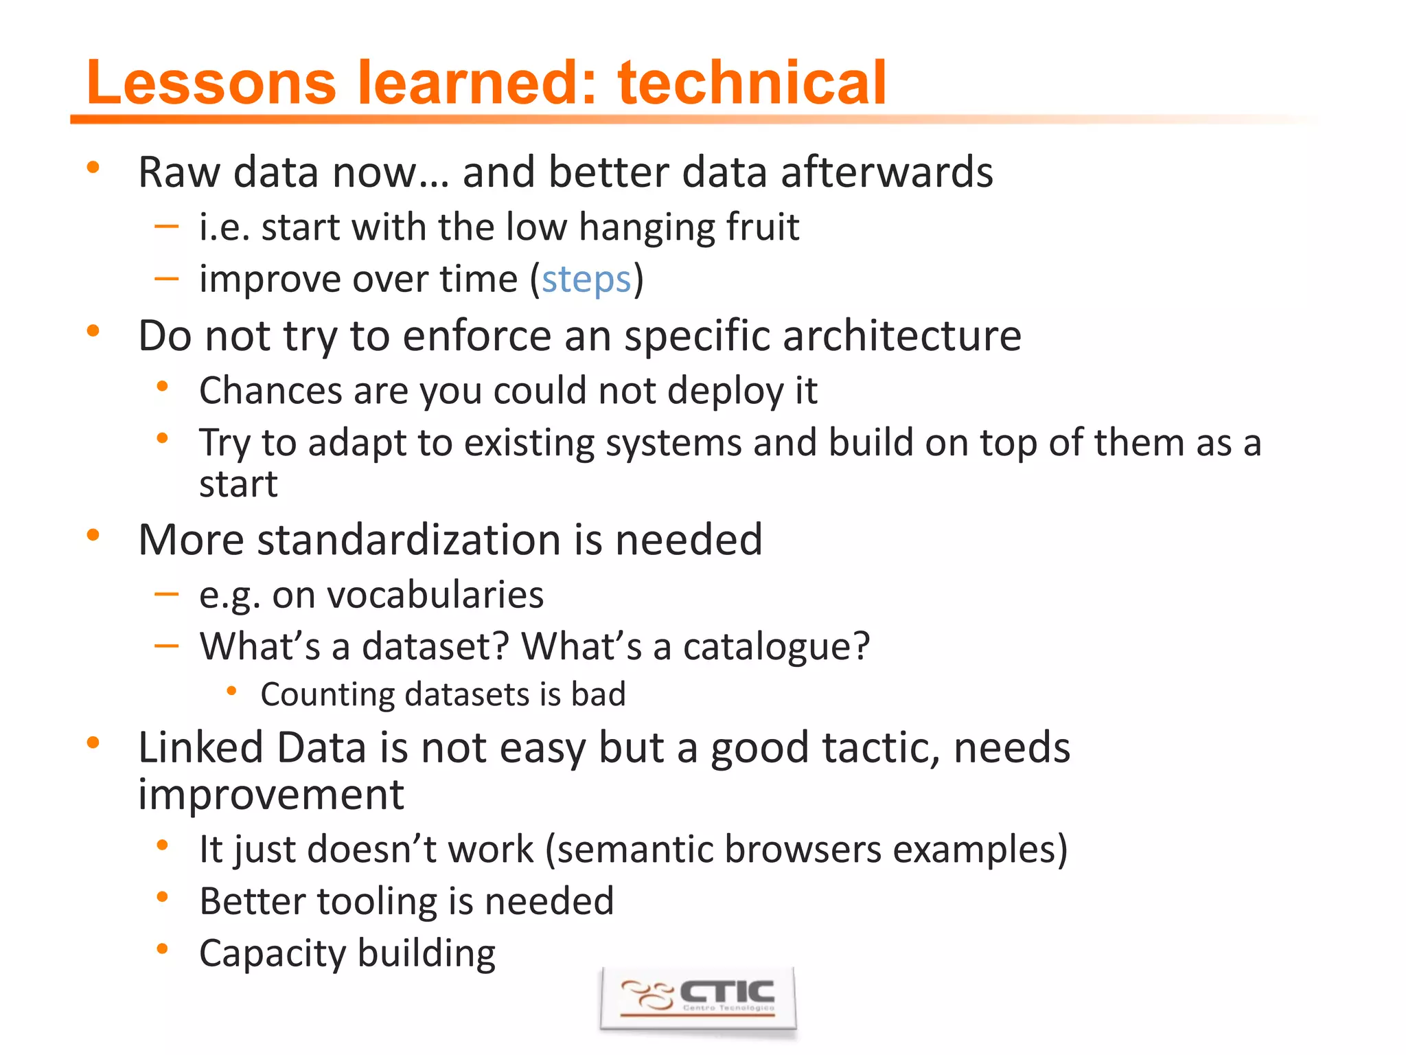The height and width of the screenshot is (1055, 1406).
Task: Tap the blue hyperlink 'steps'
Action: click(586, 280)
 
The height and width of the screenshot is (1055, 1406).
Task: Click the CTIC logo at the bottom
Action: click(698, 999)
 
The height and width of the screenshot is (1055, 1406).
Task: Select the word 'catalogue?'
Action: click(776, 646)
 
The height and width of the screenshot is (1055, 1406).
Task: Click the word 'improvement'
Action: click(270, 795)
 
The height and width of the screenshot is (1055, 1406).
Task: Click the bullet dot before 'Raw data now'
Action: click(93, 167)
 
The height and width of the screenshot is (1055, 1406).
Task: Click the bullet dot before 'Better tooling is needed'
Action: click(163, 896)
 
